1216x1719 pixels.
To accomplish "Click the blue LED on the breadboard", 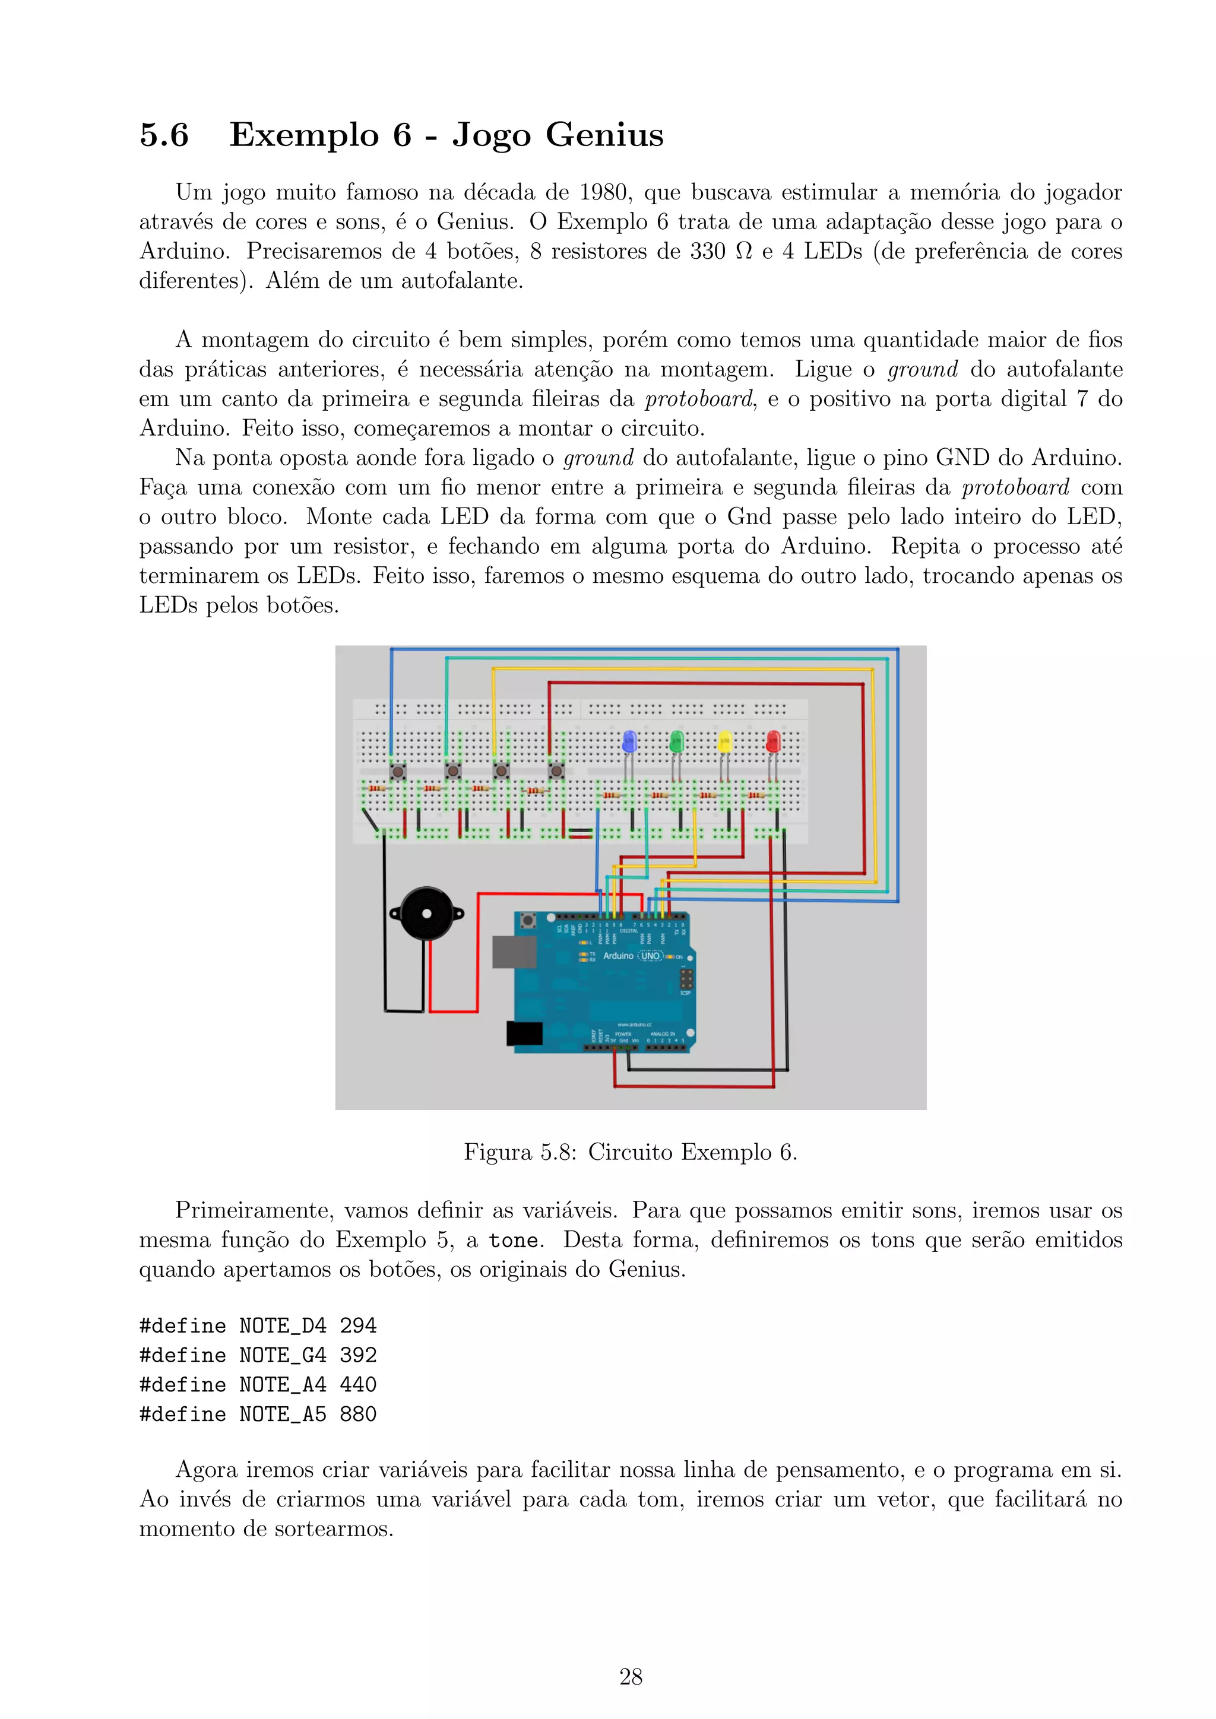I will pos(629,741).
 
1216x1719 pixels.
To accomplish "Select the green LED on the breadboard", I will pos(676,741).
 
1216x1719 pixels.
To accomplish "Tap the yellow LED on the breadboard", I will pos(724,742).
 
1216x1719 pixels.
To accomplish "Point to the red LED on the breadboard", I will pos(772,742).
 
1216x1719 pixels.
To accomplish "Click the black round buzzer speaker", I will pos(427,914).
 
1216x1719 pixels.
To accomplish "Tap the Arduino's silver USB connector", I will pos(514,952).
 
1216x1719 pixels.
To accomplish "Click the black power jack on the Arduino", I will pos(524,1033).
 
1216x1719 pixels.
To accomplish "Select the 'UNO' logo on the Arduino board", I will pos(651,956).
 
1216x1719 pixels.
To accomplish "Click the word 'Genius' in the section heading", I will pos(604,135).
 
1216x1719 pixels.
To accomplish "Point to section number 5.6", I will pos(164,135).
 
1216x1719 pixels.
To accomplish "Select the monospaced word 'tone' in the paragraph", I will pos(513,1241).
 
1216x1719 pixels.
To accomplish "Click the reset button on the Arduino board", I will pos(528,920).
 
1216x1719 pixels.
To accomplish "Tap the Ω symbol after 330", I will pos(743,252).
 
